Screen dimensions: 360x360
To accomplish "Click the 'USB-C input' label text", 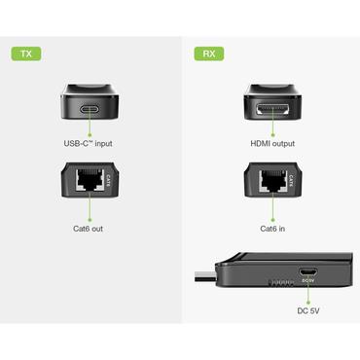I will tap(90, 144).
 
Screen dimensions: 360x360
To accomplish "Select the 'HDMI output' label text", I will tap(272, 144).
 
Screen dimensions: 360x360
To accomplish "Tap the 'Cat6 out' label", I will tap(90, 228).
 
